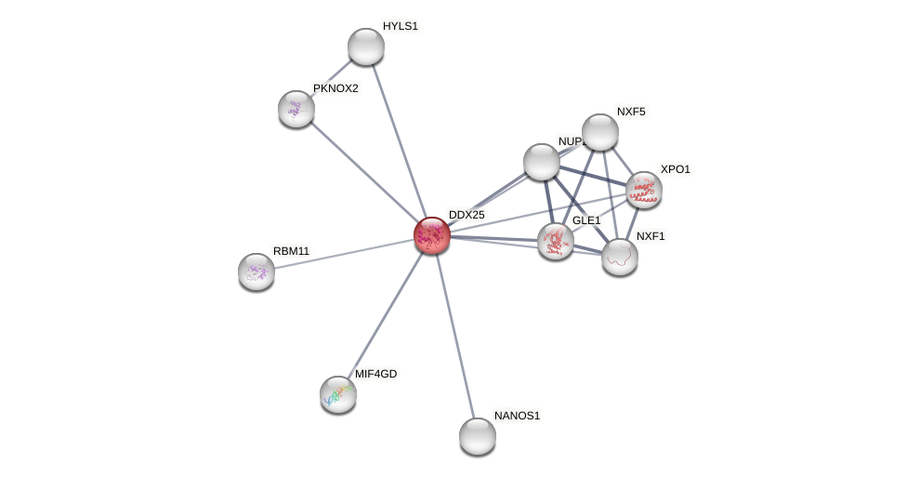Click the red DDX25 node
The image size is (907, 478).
tap(432, 235)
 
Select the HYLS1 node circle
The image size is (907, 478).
tap(366, 46)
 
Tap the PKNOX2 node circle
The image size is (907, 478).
tap(296, 109)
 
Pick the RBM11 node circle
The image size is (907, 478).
tap(256, 272)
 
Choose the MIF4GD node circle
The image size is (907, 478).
tap(338, 394)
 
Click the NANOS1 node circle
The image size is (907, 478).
tap(478, 436)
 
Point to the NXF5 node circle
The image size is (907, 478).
tap(600, 132)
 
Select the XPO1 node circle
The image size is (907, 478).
tap(643, 190)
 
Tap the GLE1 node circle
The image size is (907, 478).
tap(556, 241)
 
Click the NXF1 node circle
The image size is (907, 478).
tap(620, 257)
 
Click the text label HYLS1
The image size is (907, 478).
tap(401, 26)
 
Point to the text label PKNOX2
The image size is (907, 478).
tap(335, 88)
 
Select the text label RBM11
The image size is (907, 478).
tap(292, 251)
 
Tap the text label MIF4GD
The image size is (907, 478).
tap(375, 374)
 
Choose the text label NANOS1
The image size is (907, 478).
tap(517, 416)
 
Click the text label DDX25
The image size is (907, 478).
tap(467, 215)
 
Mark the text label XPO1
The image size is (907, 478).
tap(676, 169)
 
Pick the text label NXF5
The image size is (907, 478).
tap(631, 112)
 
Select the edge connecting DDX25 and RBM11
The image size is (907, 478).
tap(344, 254)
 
